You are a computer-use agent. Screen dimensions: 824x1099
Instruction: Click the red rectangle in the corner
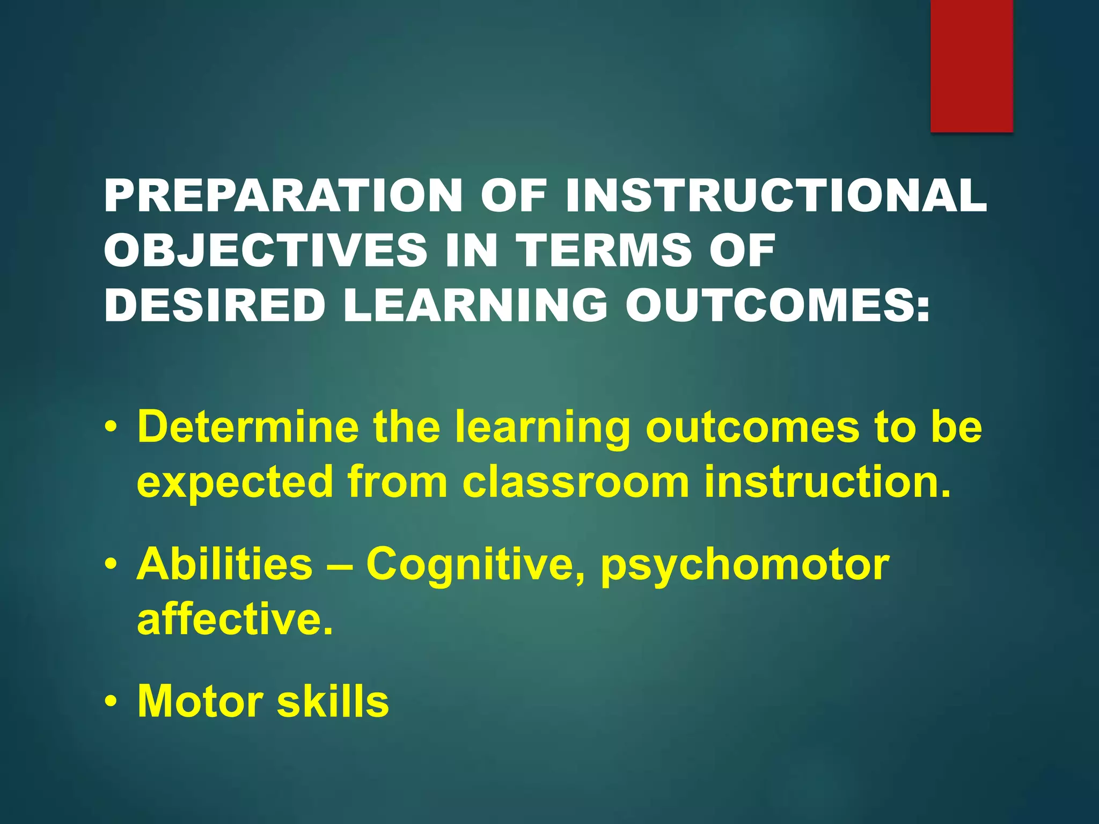(971, 65)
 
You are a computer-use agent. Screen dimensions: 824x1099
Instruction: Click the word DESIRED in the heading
(215, 306)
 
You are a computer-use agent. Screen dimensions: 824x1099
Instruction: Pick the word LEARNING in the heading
(475, 306)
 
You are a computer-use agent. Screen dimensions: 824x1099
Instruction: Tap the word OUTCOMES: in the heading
(778, 306)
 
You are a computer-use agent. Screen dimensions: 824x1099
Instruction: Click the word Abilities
(225, 564)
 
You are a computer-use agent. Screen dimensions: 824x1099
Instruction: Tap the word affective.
(235, 619)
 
